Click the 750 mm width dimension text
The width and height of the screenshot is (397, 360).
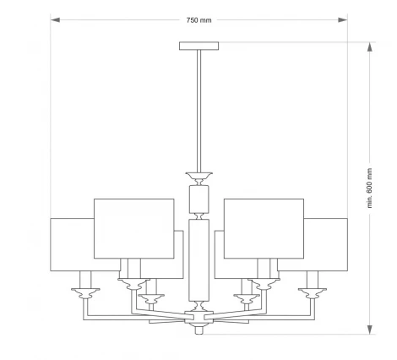point(198,19)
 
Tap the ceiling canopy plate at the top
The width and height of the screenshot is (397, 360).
point(198,46)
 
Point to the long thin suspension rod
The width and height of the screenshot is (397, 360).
point(198,110)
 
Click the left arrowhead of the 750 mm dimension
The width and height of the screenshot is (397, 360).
point(55,19)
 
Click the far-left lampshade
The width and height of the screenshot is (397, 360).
point(72,244)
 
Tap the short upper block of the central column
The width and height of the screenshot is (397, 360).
point(198,199)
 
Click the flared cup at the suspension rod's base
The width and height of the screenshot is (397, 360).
point(198,177)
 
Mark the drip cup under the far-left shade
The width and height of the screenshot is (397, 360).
point(84,294)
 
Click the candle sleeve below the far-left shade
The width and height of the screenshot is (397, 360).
point(84,280)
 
